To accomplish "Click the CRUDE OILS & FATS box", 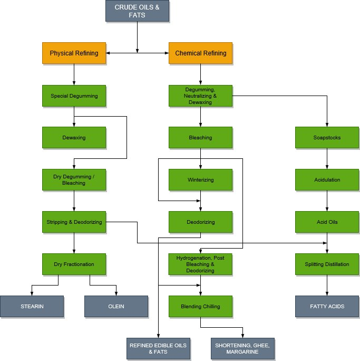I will (x=137, y=11).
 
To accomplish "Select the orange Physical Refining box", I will (x=74, y=53).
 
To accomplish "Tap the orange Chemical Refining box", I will (x=200, y=53).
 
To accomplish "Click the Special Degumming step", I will (x=74, y=96).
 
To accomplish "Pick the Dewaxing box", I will (x=74, y=138).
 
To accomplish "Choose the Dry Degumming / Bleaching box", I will (x=74, y=180).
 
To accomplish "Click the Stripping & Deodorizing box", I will (x=74, y=222).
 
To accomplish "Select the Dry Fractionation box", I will (x=74, y=264).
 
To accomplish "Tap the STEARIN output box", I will (x=32, y=307).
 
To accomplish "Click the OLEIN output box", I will (x=116, y=307).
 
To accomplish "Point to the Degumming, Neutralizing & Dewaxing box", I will (x=200, y=96).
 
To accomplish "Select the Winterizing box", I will (x=200, y=180).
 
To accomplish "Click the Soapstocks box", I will (x=327, y=138).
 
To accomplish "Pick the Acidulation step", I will (x=327, y=180).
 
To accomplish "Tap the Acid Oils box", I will (x=327, y=222).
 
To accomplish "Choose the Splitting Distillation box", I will (x=327, y=264).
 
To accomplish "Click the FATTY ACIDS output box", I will (x=327, y=307).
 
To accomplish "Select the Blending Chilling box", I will (x=200, y=307).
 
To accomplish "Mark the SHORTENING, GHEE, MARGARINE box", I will (x=242, y=349).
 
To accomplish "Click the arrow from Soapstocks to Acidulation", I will (x=327, y=158).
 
